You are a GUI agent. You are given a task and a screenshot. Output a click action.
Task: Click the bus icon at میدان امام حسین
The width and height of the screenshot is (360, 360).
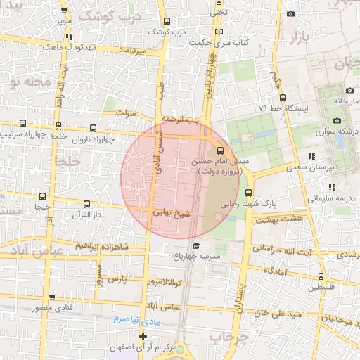pyautogui.click(x=221, y=150)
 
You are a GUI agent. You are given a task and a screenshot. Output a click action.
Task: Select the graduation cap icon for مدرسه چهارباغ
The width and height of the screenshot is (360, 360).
pyautogui.click(x=198, y=245)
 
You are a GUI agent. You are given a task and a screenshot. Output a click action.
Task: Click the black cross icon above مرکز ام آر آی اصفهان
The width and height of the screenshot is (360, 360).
pyautogui.click(x=144, y=337)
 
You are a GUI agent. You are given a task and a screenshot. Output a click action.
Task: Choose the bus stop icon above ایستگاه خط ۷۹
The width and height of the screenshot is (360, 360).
pyautogui.click(x=283, y=98)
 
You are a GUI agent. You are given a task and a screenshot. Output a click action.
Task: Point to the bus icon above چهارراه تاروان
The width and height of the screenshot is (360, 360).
pyautogui.click(x=94, y=128)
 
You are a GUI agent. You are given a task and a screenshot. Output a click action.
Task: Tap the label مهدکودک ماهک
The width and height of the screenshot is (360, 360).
pyautogui.click(x=68, y=46)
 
